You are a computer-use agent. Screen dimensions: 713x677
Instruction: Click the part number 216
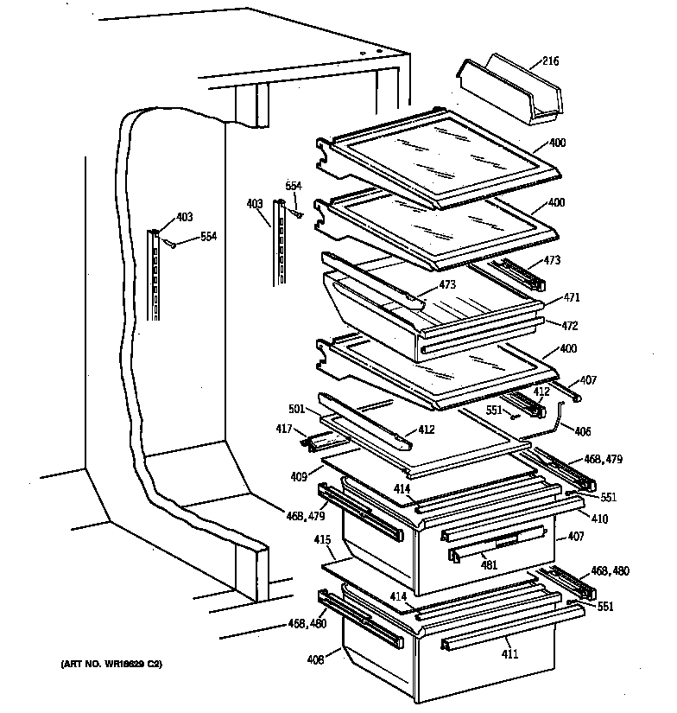pos(550,61)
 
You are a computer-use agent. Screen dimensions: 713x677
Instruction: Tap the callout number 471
pos(572,296)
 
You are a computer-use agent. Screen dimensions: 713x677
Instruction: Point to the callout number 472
pos(570,326)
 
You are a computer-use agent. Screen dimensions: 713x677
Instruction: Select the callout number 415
pos(322,540)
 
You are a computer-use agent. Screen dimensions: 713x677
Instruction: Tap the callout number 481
pos(489,566)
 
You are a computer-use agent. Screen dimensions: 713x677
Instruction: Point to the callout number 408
pos(315,660)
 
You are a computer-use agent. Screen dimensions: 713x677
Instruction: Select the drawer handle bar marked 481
pos(497,543)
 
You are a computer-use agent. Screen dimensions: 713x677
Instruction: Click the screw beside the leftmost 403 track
pos(170,245)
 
